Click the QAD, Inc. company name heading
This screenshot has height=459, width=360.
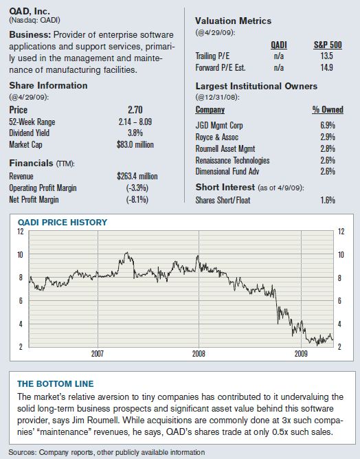[x=30, y=11]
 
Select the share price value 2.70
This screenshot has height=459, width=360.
[x=135, y=110]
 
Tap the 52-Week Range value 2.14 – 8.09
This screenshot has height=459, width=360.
[x=135, y=122]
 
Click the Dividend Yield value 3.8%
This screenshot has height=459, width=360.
[x=135, y=133]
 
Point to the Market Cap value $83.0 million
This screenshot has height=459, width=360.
[x=135, y=144]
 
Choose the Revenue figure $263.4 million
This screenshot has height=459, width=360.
[x=137, y=176]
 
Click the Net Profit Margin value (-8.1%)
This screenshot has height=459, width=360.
[x=137, y=200]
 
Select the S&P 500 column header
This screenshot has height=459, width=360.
[x=328, y=45]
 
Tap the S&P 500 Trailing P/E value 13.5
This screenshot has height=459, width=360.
[x=326, y=56]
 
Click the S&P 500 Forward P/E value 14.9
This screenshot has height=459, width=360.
[x=326, y=67]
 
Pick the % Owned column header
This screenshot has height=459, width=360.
[x=328, y=109]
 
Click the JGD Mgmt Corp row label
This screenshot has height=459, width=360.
[x=219, y=125]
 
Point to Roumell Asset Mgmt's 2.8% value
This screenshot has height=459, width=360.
[x=328, y=148]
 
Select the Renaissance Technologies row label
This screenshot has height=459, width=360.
[x=233, y=160]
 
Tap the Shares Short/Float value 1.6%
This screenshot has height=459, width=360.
[x=328, y=200]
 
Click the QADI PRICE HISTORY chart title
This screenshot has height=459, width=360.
[x=63, y=223]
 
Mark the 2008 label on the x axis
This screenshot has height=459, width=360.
[x=199, y=354]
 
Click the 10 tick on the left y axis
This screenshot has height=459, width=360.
[x=20, y=255]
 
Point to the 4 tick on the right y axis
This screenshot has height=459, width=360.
[x=339, y=324]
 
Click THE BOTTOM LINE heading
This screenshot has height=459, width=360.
[x=56, y=384]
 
